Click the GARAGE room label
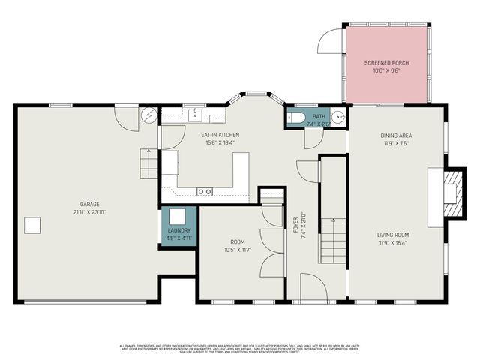pos(90,204)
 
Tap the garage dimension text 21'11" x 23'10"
pos(90,212)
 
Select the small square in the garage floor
pos(31,225)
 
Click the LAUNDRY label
pos(178,230)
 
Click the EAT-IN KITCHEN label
pos(218,135)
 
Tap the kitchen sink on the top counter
pos(195,114)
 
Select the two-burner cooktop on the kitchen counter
pos(204,192)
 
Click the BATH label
pos(319,116)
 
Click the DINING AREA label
pos(395,136)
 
